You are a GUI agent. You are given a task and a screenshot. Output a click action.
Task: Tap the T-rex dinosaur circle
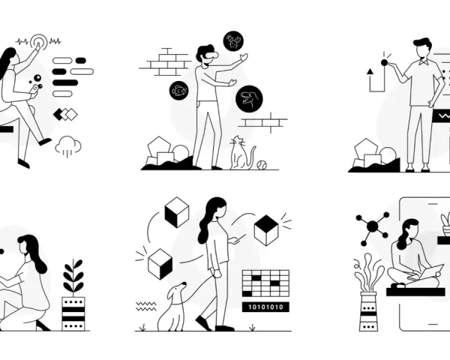point(249,99)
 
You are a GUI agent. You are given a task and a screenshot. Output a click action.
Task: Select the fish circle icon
point(179,91)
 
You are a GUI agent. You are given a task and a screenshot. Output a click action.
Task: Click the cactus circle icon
point(233,41)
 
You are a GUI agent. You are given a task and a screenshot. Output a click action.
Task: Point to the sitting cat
point(241,154)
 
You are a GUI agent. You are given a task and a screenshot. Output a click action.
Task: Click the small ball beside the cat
point(262,165)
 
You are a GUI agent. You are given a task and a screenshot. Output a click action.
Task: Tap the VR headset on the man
point(211,55)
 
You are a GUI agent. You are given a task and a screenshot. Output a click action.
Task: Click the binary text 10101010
point(265,307)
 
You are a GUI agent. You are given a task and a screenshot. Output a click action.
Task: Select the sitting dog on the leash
point(172,307)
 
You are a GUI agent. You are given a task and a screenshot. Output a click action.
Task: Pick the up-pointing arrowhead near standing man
point(370,71)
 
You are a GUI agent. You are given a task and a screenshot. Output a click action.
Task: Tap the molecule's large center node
point(373,226)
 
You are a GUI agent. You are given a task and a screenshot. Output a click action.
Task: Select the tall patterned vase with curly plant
point(369,311)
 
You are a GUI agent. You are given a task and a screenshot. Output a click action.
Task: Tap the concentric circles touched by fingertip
point(39,42)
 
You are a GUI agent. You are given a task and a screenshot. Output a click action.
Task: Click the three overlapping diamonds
point(65,115)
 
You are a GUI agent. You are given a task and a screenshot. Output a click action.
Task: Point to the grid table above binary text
point(265,283)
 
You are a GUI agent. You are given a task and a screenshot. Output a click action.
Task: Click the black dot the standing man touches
point(384,63)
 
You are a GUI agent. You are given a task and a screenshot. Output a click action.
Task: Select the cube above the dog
point(160,264)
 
